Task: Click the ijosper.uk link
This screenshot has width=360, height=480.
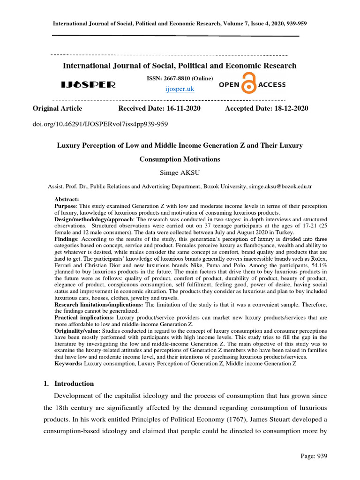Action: tap(180, 89)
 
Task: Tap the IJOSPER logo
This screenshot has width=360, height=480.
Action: tap(88, 85)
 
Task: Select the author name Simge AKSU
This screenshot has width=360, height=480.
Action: tap(180, 172)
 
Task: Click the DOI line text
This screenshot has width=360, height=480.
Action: tap(100, 124)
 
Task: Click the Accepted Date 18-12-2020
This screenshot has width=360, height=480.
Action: tap(267, 108)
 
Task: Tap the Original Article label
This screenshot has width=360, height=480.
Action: tap(57, 108)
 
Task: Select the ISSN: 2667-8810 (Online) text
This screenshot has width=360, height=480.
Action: tap(180, 78)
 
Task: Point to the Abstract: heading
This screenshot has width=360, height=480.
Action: tap(67, 199)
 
